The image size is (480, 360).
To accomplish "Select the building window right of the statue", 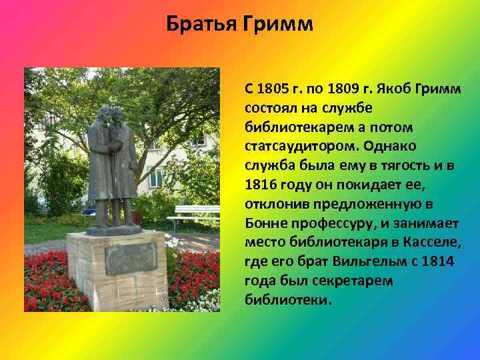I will (x=157, y=177).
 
